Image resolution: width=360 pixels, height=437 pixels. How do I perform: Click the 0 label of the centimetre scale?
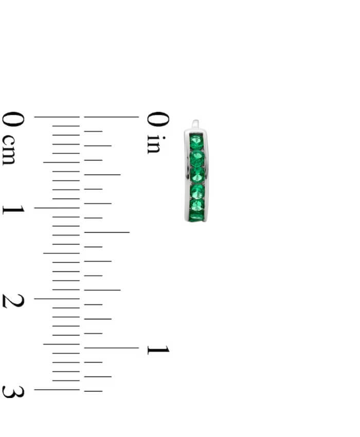tap(13, 119)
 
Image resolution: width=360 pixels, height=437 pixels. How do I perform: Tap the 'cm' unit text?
tap(9, 150)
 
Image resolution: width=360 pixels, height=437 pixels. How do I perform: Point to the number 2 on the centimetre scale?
tap(13, 301)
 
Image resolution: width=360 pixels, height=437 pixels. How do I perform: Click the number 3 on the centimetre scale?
tap(13, 392)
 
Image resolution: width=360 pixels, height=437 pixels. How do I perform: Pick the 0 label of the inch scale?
tap(158, 119)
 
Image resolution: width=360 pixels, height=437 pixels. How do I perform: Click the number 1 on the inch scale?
tap(158, 350)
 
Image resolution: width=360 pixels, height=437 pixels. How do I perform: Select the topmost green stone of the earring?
tap(196, 142)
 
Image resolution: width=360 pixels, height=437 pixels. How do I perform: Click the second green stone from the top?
tap(197, 158)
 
